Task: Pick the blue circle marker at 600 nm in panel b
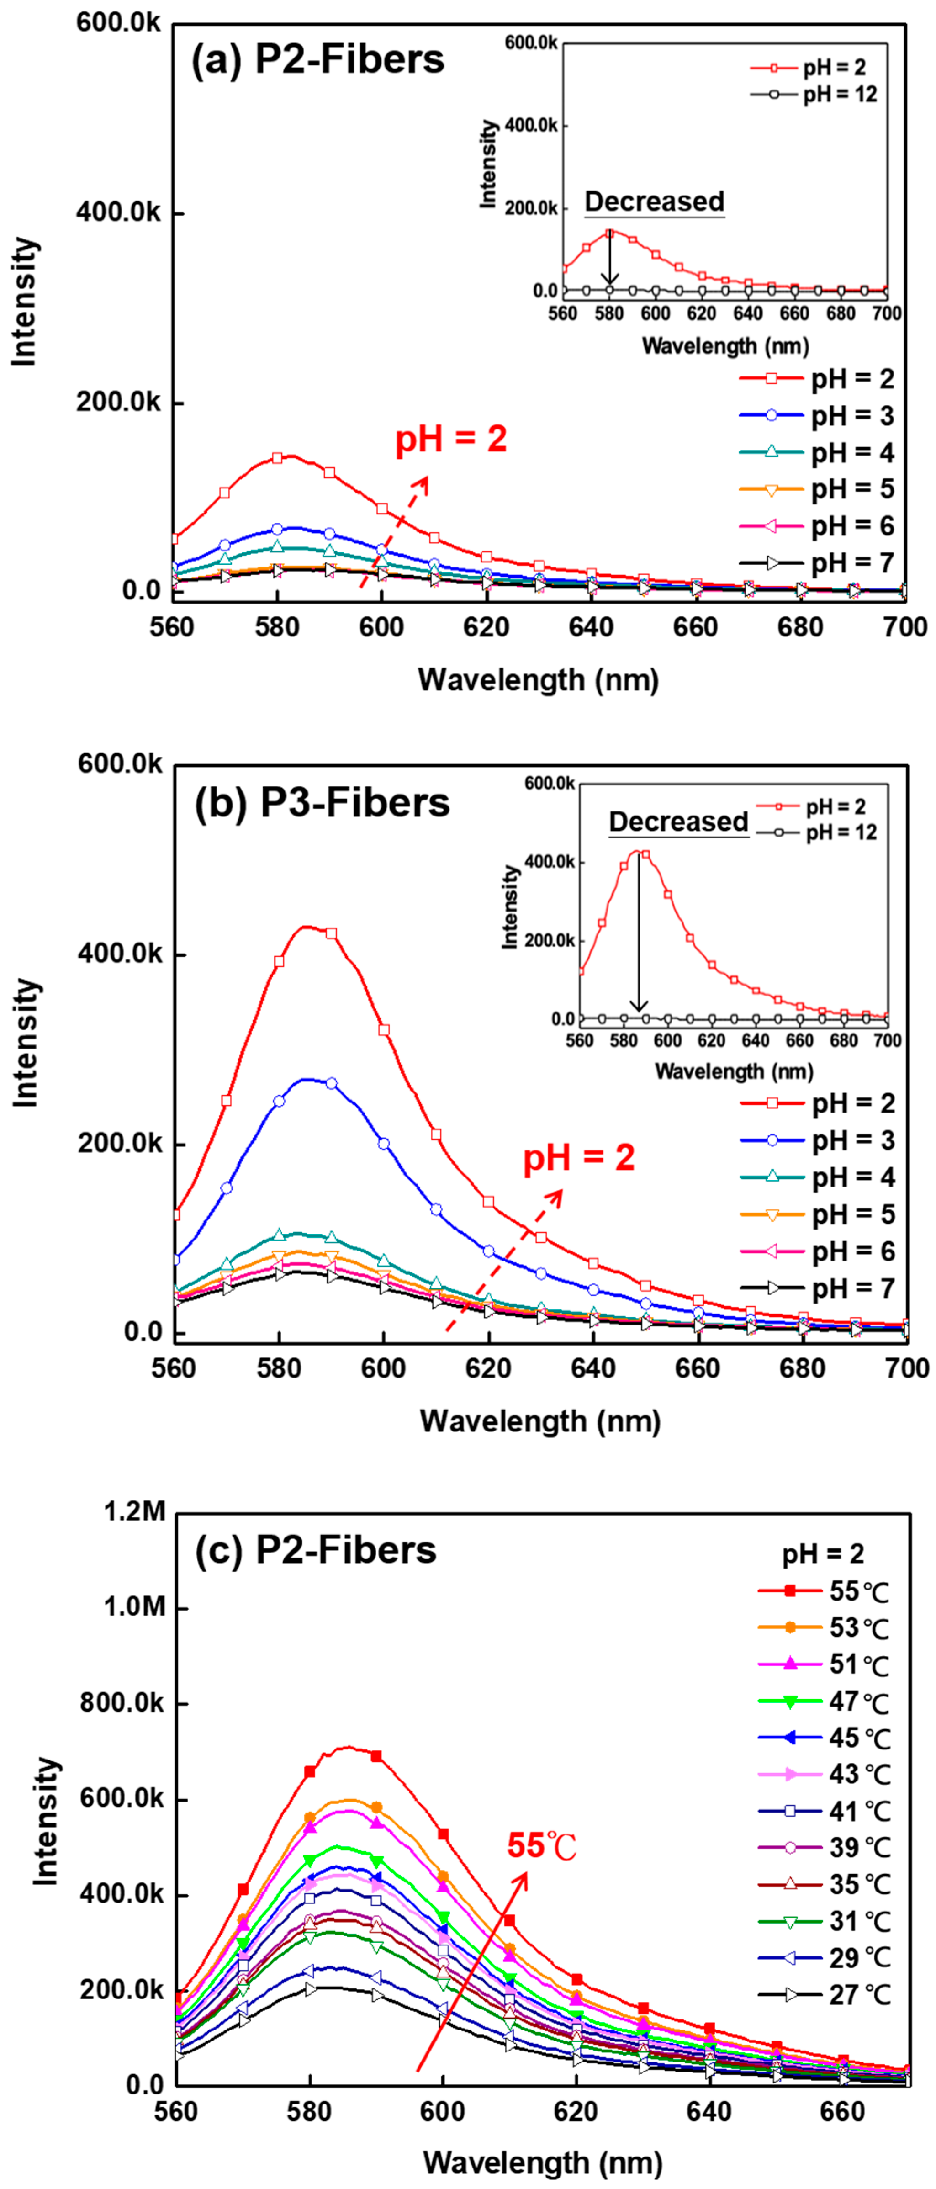pos(384,1144)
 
